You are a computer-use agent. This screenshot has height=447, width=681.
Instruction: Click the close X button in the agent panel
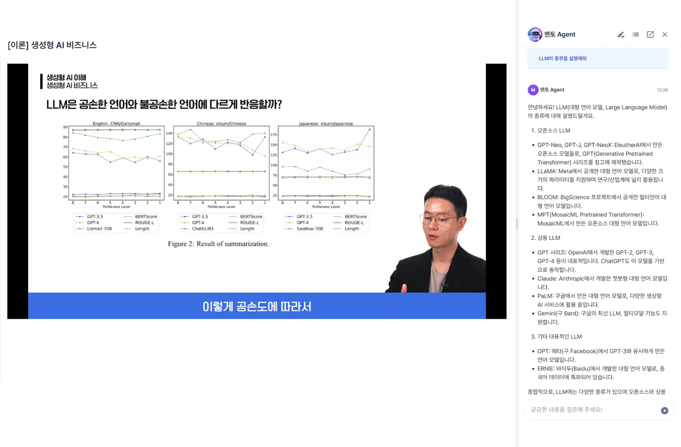click(x=665, y=34)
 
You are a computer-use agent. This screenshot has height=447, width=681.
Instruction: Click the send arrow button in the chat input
click(x=664, y=410)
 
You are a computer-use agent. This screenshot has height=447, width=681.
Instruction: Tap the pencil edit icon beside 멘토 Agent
click(x=621, y=34)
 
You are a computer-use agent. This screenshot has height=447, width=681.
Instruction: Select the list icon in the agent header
click(x=636, y=34)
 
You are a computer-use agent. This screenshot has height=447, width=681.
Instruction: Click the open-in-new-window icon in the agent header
click(x=650, y=34)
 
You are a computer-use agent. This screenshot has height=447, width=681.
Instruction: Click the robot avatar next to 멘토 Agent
click(x=535, y=34)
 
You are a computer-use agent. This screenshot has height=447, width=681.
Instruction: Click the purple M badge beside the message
click(x=533, y=90)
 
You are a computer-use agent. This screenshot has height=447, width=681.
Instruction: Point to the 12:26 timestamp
click(x=662, y=90)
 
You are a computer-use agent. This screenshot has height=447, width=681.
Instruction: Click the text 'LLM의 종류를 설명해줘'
click(x=562, y=59)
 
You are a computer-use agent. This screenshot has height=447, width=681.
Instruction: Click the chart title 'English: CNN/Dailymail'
click(x=116, y=123)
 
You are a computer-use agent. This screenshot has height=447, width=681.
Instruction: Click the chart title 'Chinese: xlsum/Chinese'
click(x=221, y=123)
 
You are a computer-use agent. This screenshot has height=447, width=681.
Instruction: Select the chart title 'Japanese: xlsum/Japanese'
click(x=325, y=123)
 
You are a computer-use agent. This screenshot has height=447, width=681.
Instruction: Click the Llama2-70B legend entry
click(x=99, y=229)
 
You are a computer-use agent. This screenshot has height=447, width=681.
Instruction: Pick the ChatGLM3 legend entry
click(x=202, y=229)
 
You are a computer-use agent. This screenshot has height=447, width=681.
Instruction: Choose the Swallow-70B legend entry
click(x=309, y=229)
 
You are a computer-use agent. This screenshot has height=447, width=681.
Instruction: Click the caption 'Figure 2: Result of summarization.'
click(x=218, y=244)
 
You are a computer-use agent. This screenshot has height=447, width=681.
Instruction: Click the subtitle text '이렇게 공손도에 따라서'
click(x=257, y=306)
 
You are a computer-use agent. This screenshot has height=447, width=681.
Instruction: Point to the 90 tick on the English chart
click(x=65, y=127)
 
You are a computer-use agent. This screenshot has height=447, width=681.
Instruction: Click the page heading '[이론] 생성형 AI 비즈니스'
click(x=52, y=45)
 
